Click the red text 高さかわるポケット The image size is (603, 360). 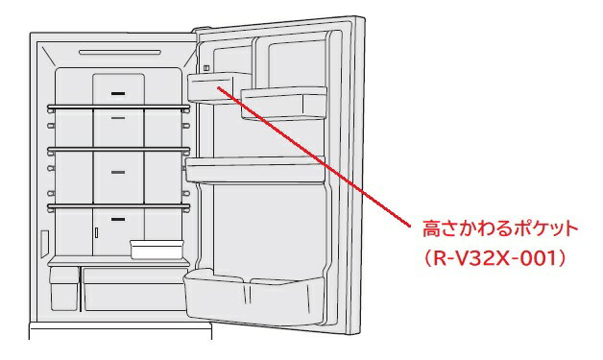click(500, 230)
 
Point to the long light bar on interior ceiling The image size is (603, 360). click(120, 51)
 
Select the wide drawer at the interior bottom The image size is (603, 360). click(131, 288)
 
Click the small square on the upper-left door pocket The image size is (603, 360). click(205, 68)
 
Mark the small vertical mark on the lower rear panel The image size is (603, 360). click(96, 231)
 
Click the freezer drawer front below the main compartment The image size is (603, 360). click(120, 336)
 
